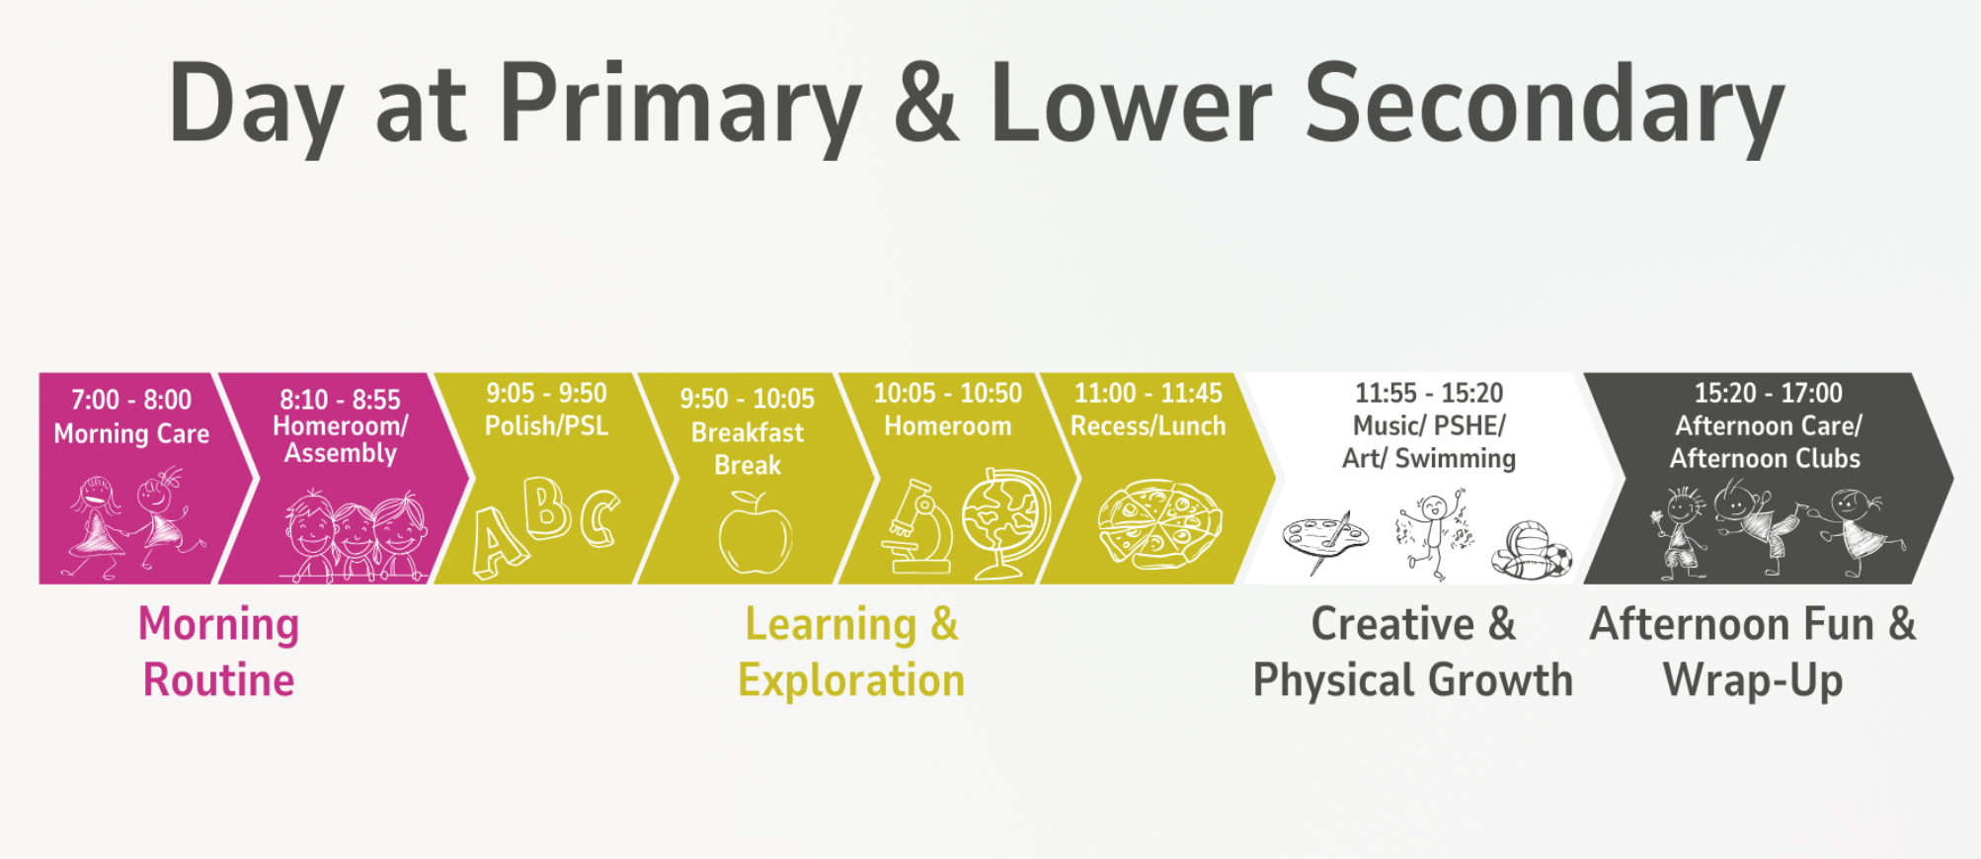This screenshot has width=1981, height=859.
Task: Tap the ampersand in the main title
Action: click(x=925, y=101)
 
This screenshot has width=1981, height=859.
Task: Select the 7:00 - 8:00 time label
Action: click(x=131, y=400)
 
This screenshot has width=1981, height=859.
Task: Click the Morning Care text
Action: click(x=131, y=433)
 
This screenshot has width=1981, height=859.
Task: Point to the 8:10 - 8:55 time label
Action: click(x=340, y=400)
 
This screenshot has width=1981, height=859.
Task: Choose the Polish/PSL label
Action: click(x=546, y=426)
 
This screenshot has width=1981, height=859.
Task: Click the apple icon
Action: click(x=754, y=533)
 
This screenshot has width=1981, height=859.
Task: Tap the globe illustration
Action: click(x=1005, y=523)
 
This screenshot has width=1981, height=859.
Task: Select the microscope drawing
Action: click(x=918, y=527)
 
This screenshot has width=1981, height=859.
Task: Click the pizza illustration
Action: click(x=1159, y=524)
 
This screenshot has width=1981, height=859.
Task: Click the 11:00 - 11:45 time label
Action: click(x=1148, y=393)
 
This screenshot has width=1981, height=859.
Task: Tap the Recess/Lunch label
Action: click(x=1148, y=426)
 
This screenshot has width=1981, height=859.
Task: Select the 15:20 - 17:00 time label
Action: click(x=1768, y=393)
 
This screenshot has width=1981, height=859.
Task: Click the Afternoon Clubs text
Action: click(x=1765, y=458)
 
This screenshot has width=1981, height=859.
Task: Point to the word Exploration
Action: click(x=851, y=680)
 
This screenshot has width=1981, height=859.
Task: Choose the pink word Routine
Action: click(x=218, y=680)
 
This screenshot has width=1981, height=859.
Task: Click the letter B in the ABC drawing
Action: click(x=546, y=507)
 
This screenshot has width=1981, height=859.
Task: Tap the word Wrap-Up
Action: click(x=1753, y=680)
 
